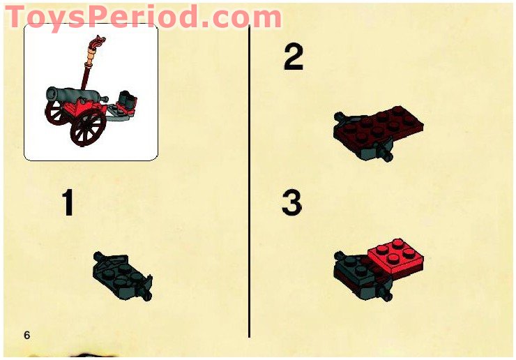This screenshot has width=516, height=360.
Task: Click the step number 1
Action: coord(68,204)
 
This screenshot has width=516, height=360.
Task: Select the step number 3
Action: coord(292,203)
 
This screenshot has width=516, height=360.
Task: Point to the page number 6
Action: coord(27,336)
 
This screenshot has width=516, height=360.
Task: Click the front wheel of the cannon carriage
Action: coord(88,130)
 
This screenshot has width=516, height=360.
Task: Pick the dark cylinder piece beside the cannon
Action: coord(128,99)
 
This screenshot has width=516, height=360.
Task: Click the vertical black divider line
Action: coord(249,181)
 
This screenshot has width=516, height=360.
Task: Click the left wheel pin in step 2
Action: coord(340,117)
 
